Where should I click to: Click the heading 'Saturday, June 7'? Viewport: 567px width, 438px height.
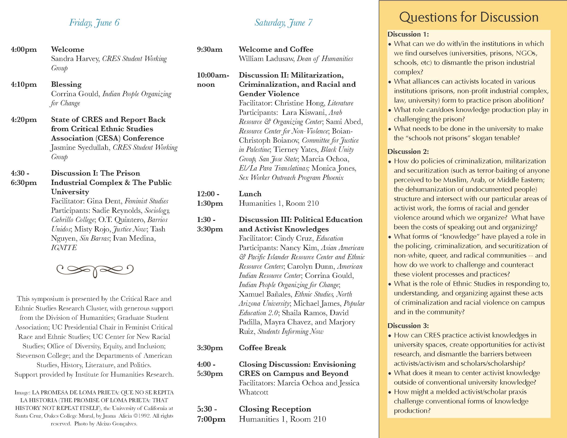[x=283, y=23]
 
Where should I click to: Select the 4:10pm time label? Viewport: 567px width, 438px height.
[x=24, y=85]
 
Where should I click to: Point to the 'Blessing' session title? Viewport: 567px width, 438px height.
[x=66, y=85]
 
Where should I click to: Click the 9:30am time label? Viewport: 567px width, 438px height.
[x=209, y=49]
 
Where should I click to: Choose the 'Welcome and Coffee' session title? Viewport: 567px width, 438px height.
[x=276, y=49]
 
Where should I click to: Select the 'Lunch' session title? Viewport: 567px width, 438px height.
[x=250, y=194]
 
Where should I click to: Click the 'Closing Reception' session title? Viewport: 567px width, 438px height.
[x=275, y=409]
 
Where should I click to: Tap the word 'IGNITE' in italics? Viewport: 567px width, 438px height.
[x=64, y=248]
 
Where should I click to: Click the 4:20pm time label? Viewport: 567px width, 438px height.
[x=24, y=120]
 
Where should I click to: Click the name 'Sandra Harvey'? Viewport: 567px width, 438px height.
[x=75, y=59]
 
